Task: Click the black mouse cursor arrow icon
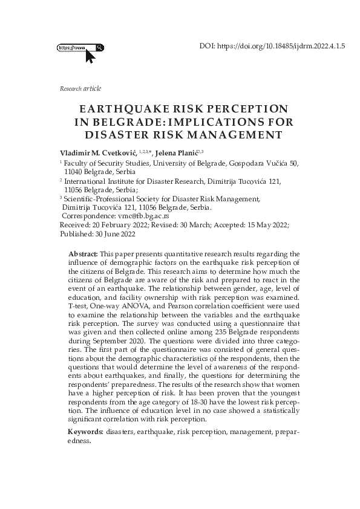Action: [x=90, y=57]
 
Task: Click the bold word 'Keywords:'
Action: [x=85, y=433]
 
